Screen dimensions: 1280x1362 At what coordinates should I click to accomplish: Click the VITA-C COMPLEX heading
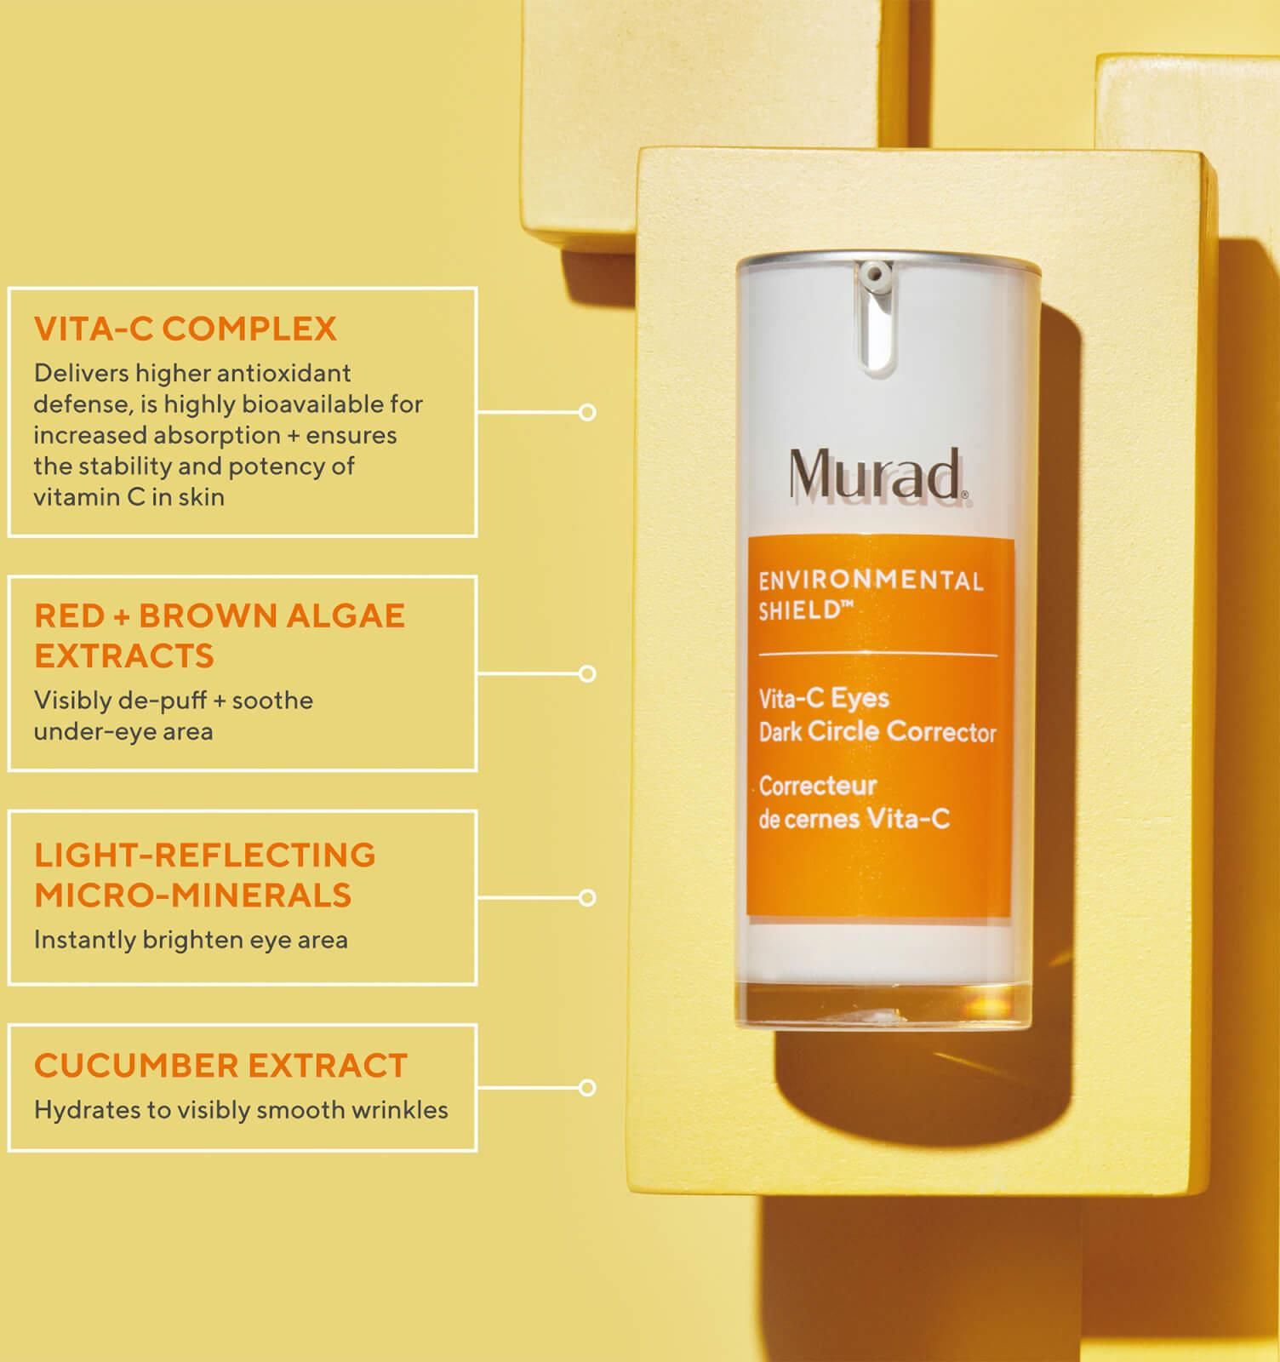(186, 329)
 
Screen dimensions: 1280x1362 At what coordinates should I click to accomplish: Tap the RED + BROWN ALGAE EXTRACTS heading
(220, 635)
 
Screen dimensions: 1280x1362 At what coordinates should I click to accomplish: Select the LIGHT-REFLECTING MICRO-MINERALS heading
(205, 874)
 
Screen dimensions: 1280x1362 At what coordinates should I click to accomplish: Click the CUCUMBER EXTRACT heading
(221, 1066)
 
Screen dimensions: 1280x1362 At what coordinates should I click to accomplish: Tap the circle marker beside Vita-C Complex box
(587, 413)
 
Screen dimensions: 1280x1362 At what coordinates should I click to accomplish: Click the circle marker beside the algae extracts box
(587, 674)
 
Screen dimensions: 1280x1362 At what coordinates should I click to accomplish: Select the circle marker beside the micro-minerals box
(587, 898)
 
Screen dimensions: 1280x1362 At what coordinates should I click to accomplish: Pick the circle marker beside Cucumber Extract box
(587, 1088)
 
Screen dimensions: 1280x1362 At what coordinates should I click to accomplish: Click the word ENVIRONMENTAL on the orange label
(871, 581)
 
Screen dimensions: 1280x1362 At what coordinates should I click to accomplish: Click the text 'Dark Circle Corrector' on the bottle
(877, 732)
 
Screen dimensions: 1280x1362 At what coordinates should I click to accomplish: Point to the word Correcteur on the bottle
(818, 786)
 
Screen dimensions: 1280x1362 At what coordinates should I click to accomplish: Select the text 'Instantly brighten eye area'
(191, 941)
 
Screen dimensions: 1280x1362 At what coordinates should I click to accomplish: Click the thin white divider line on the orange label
(877, 655)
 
